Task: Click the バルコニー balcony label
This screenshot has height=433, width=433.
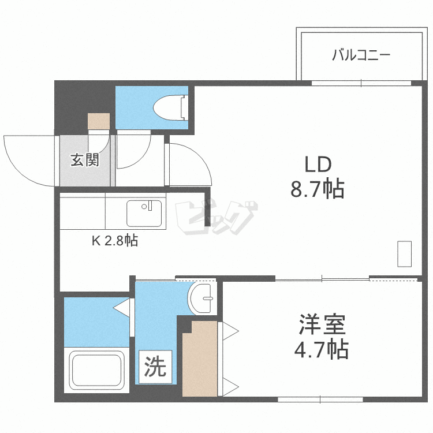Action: (x=361, y=55)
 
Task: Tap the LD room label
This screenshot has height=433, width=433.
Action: (x=318, y=165)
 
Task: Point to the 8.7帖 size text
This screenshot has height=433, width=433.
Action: (x=318, y=189)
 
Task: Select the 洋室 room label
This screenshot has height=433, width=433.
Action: (x=322, y=324)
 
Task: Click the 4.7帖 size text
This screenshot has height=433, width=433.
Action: (x=321, y=349)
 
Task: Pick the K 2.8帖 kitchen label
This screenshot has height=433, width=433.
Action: (x=115, y=241)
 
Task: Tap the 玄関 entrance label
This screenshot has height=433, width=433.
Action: (x=85, y=160)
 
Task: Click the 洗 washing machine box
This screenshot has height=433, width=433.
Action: (x=155, y=367)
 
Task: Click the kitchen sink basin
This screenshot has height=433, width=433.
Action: (x=144, y=214)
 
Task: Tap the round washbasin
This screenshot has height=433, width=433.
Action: (x=201, y=298)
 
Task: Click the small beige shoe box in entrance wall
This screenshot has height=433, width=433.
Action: (x=99, y=121)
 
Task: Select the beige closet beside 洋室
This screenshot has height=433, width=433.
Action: (x=200, y=359)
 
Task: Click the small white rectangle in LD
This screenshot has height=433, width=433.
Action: (x=404, y=254)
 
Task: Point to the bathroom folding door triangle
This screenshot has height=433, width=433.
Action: (x=122, y=308)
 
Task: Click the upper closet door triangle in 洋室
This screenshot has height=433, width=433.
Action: (x=230, y=331)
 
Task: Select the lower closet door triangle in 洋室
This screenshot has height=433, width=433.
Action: (x=230, y=387)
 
